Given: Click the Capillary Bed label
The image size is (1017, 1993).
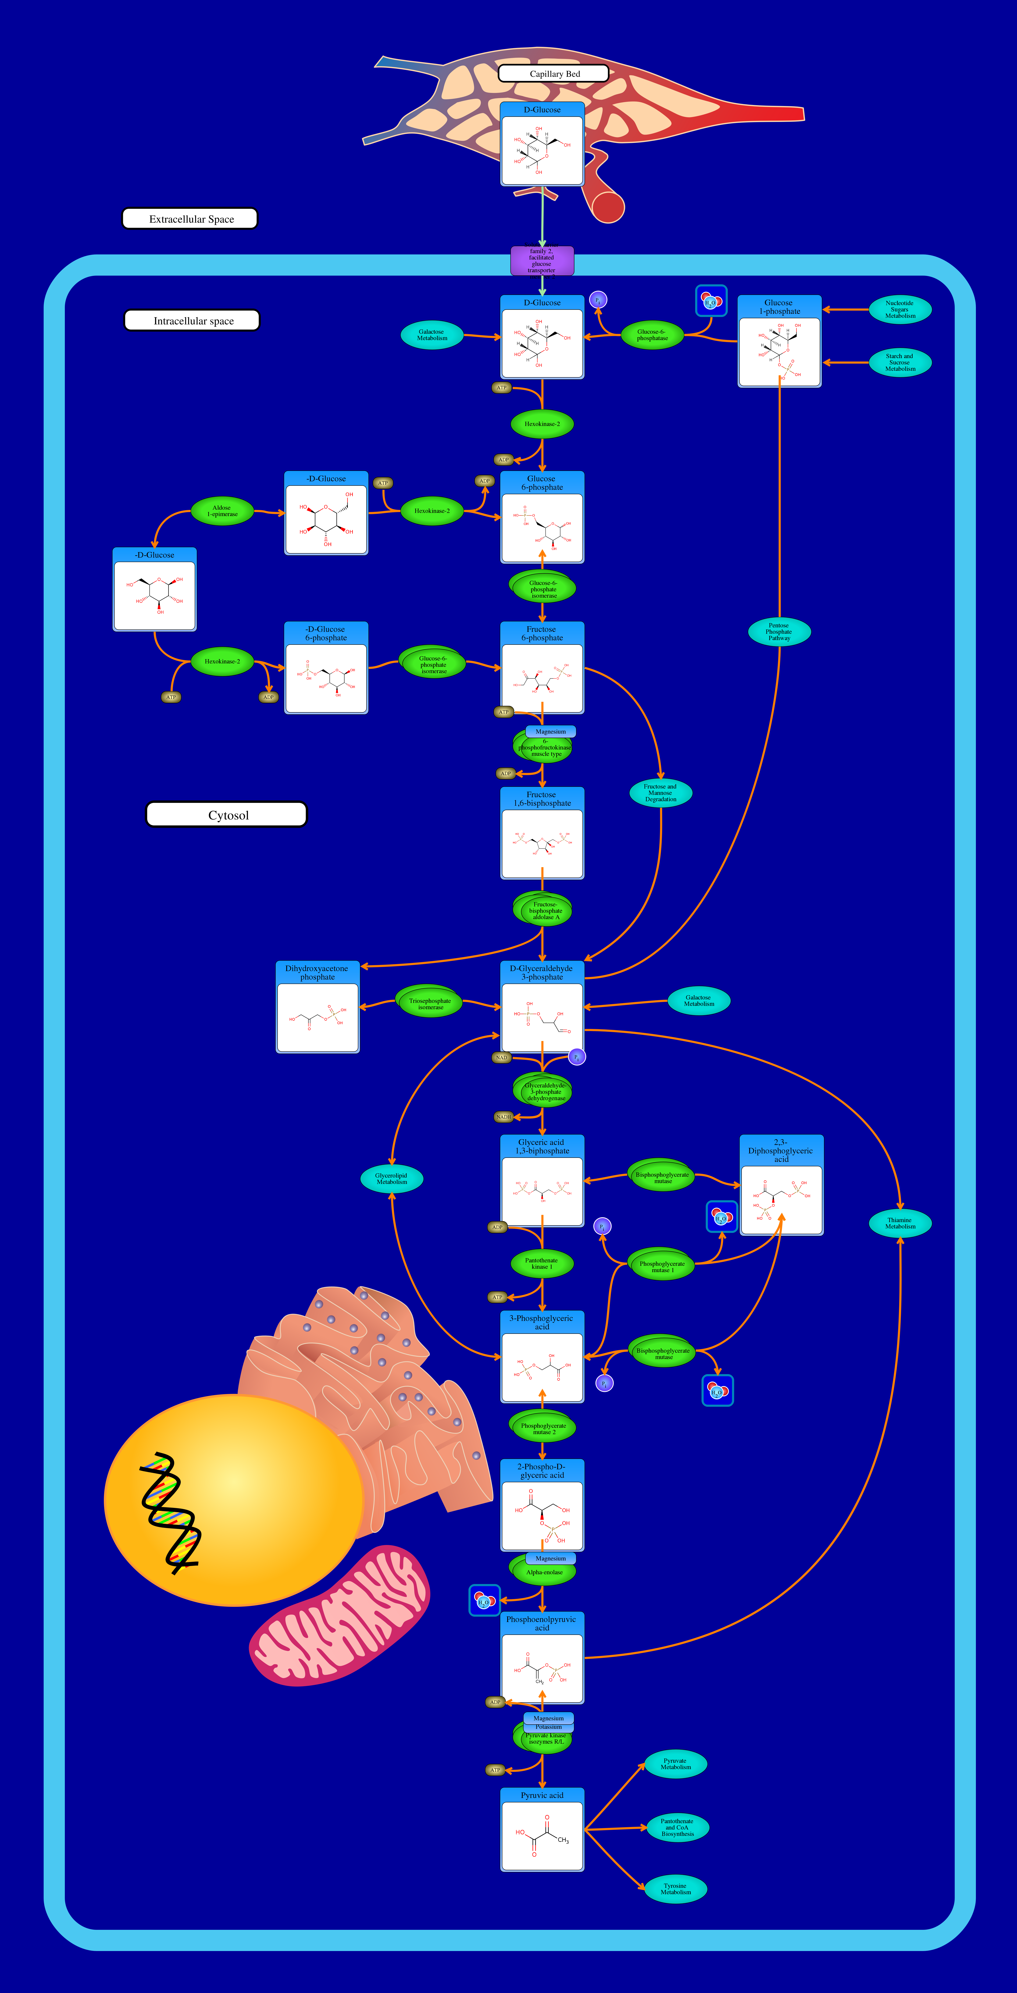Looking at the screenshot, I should (x=554, y=74).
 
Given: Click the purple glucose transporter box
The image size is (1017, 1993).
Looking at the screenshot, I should (x=542, y=261).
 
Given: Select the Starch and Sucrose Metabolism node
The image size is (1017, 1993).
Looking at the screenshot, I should (x=899, y=362).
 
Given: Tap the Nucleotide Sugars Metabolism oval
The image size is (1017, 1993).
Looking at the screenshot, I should (x=899, y=310).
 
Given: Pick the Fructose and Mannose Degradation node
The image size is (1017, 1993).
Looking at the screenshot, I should (x=660, y=793).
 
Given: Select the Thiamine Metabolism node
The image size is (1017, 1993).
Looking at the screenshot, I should (x=899, y=1223).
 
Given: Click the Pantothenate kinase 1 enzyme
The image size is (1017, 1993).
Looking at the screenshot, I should (x=541, y=1263).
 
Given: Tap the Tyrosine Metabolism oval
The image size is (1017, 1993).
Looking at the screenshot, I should (x=675, y=1888).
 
